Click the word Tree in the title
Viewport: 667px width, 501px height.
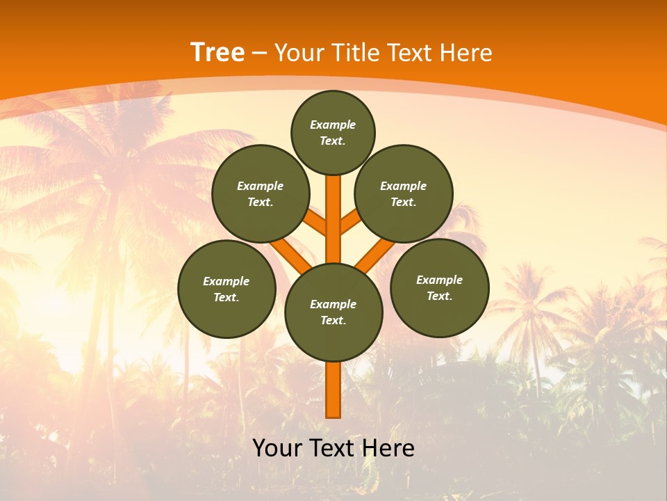click(x=217, y=52)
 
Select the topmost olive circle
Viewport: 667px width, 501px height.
click(x=333, y=132)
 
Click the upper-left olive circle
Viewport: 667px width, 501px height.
click(x=261, y=193)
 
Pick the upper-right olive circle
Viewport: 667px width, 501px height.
click(x=404, y=193)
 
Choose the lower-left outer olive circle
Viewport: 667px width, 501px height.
click(x=227, y=289)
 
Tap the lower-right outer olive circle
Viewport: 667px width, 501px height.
click(x=439, y=287)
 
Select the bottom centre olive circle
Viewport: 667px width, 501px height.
click(x=333, y=312)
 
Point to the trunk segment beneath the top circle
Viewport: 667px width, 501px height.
click(x=333, y=209)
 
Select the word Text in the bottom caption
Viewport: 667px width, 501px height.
click(x=331, y=448)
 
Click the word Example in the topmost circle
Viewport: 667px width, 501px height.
click(x=333, y=125)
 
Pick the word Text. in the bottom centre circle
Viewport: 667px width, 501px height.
click(x=333, y=321)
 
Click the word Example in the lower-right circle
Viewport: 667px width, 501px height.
click(x=439, y=280)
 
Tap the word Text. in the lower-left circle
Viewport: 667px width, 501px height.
click(x=227, y=298)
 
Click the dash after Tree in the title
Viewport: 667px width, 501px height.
click(x=259, y=53)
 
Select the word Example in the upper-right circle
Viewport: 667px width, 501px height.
click(x=404, y=186)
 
